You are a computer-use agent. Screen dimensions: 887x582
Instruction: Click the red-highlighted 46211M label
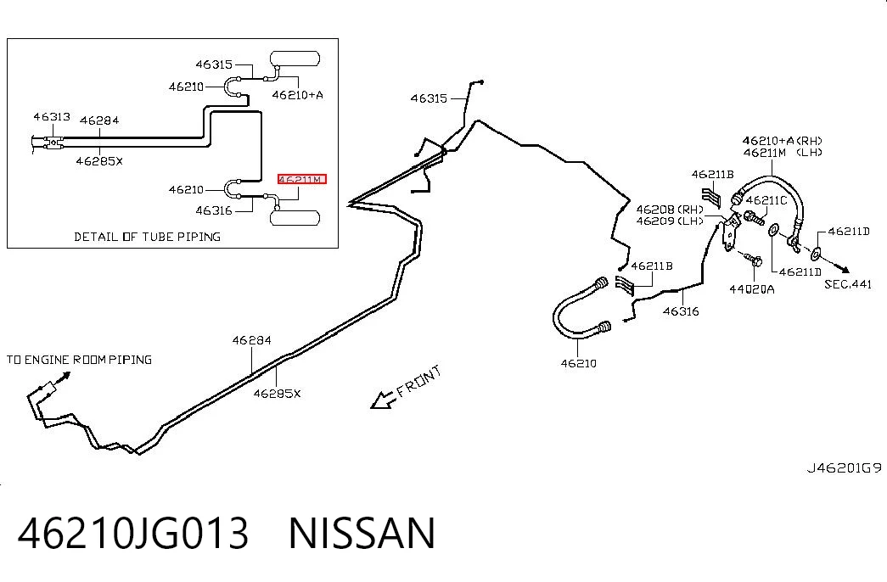click(302, 179)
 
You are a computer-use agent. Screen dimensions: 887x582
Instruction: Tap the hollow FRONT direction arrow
click(383, 400)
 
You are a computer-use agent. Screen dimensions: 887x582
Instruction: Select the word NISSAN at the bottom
click(362, 533)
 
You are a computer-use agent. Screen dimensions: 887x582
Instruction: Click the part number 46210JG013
click(133, 533)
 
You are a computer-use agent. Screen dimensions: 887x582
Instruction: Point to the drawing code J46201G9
click(844, 467)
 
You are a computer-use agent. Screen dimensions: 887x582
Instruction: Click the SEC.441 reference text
click(848, 284)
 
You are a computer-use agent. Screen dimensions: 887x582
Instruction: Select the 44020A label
click(751, 289)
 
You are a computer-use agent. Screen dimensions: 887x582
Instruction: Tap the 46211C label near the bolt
click(766, 200)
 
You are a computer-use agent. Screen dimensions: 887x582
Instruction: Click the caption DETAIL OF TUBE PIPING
click(147, 237)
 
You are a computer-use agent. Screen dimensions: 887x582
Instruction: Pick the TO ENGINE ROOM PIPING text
click(79, 360)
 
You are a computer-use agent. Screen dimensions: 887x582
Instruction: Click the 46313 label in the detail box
click(52, 116)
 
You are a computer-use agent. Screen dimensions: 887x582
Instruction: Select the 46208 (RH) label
click(670, 210)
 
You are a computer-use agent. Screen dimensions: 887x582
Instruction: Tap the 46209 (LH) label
click(670, 221)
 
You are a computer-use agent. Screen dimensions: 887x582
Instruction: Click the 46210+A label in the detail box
click(298, 95)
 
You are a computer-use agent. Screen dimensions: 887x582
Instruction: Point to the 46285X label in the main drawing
click(277, 393)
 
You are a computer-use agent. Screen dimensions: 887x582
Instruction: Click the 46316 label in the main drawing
click(681, 311)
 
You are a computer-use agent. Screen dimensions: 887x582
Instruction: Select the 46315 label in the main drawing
click(429, 98)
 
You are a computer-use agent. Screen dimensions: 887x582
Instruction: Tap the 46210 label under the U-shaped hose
click(578, 363)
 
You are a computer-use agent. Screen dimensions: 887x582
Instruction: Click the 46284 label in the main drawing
click(252, 340)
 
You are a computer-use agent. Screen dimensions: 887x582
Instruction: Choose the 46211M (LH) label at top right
click(783, 152)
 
